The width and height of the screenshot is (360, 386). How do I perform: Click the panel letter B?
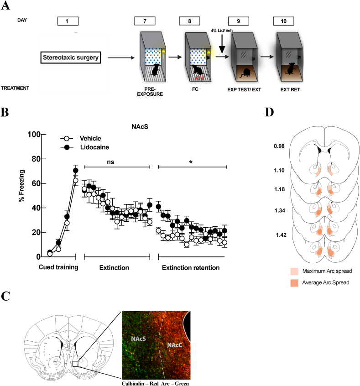pos(6,111)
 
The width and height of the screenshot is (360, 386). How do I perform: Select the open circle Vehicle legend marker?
pos(66,138)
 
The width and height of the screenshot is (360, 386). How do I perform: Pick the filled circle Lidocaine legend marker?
pos(66,147)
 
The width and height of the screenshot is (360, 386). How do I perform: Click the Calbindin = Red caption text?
pos(136,383)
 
